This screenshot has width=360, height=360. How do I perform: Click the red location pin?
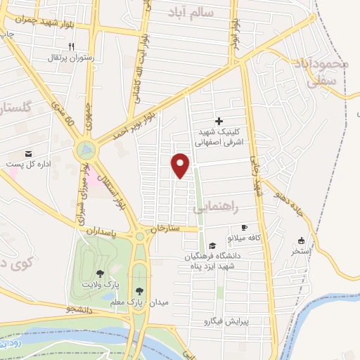pyautogui.click(x=181, y=165)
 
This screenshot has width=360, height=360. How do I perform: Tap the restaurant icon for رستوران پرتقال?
pyautogui.click(x=71, y=46)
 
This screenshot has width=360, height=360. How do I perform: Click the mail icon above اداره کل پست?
pyautogui.click(x=28, y=153)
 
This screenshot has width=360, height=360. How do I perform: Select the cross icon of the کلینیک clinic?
pyautogui.click(x=219, y=122)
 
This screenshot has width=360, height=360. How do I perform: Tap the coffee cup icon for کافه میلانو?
pyautogui.click(x=245, y=227)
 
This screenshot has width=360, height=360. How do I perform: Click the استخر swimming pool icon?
pyautogui.click(x=301, y=240)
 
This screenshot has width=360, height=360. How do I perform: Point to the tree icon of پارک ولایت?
pyautogui.click(x=100, y=273)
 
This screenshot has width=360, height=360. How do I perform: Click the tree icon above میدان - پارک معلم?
pyautogui.click(x=139, y=290)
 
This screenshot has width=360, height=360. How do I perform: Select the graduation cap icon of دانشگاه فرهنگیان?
pyautogui.click(x=213, y=245)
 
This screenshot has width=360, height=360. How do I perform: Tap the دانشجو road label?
pyautogui.click(x=71, y=309)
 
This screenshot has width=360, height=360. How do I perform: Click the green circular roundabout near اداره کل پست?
pyautogui.click(x=85, y=150)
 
